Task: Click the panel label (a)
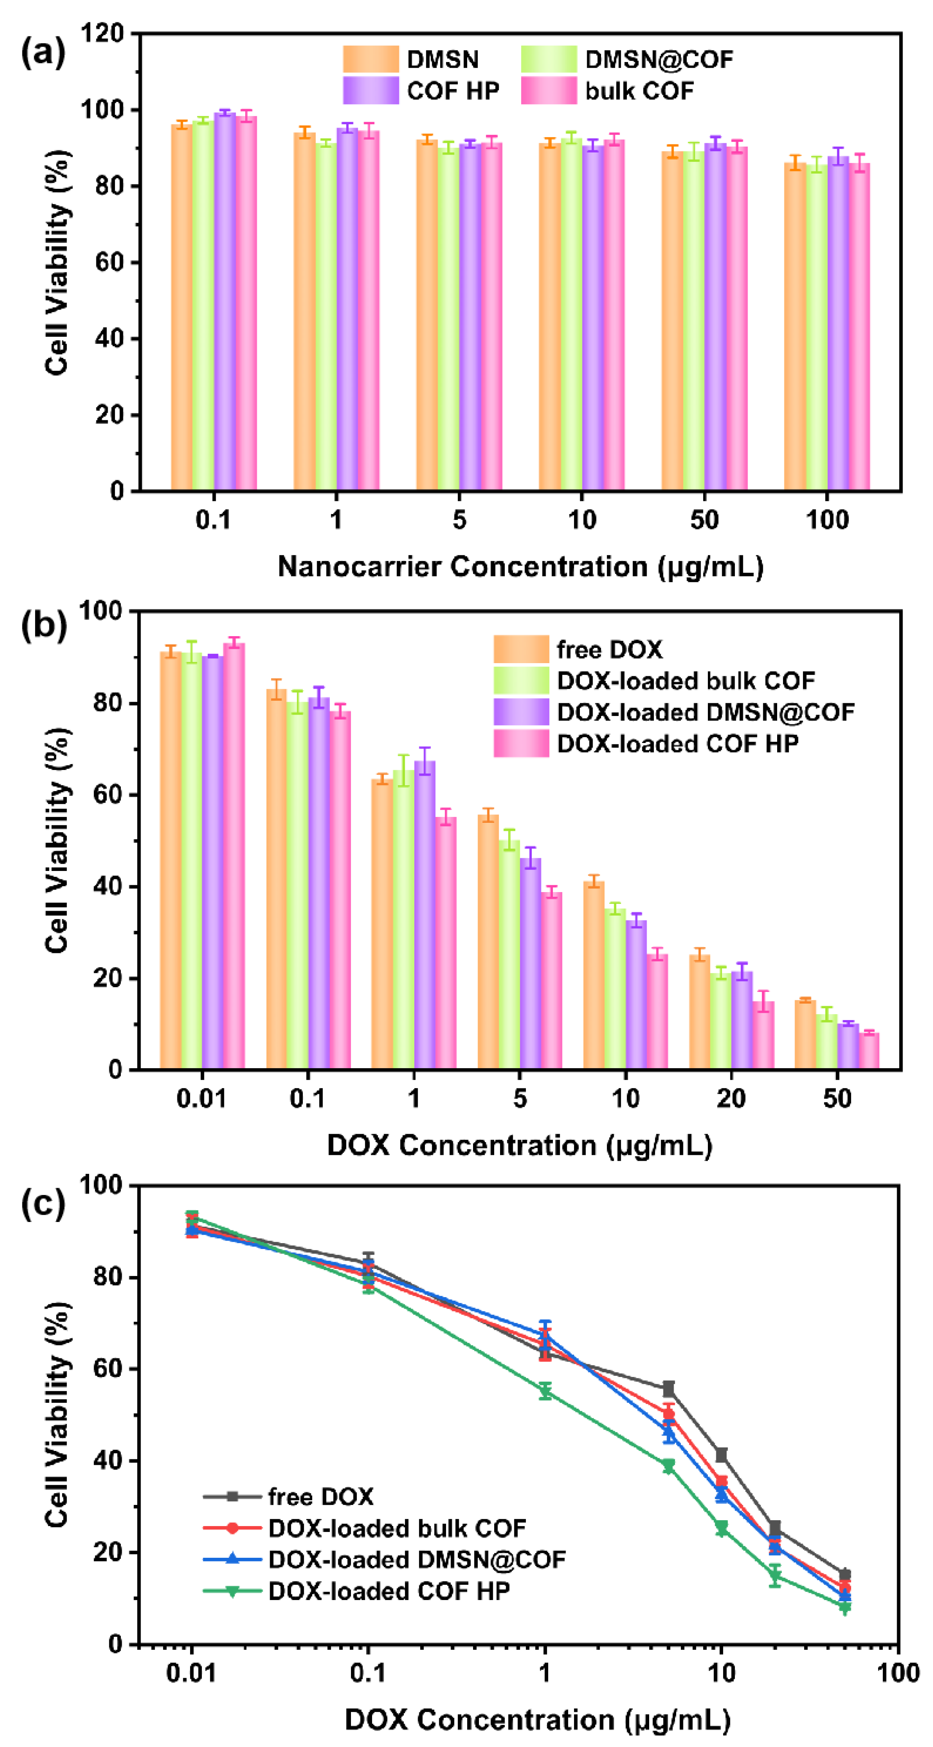(43, 52)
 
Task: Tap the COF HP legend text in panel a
(453, 91)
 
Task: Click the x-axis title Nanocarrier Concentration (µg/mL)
(520, 567)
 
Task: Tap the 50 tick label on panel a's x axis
(704, 520)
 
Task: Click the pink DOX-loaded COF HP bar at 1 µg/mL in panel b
(446, 943)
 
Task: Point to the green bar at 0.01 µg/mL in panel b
(192, 861)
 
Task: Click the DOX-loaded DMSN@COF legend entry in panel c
(416, 1560)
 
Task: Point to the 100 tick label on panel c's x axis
(897, 1674)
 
